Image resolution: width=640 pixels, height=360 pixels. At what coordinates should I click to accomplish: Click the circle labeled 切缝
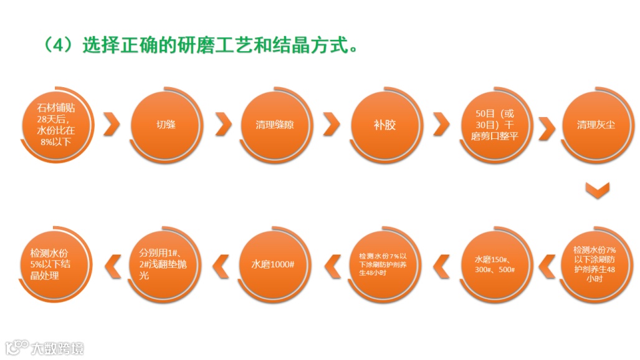coord(166,125)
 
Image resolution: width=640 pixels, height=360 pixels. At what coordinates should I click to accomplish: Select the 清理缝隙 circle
coord(274,125)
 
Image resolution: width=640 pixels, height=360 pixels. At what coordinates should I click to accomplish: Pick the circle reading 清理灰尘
coord(596,125)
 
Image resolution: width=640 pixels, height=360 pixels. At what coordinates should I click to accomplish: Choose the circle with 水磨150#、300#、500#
coord(494,265)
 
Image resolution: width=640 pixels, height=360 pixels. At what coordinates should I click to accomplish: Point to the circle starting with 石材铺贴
coord(56,125)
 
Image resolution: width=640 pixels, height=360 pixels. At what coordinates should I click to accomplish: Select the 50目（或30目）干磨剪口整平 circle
coord(494,125)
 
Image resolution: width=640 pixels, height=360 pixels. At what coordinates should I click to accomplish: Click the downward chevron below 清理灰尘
coord(597,189)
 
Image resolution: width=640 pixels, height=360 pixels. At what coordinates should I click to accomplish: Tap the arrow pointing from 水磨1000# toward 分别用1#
coord(221,265)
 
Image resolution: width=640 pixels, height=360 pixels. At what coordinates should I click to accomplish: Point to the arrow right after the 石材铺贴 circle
coord(112,125)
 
